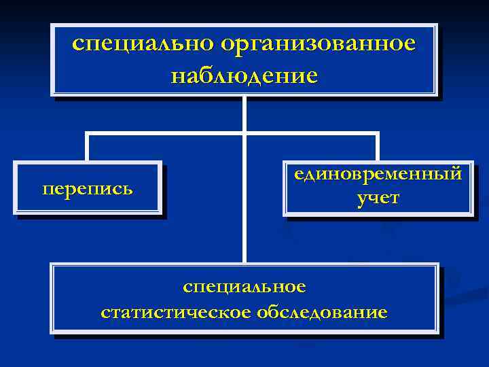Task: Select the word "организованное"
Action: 317,44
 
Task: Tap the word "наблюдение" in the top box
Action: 244,74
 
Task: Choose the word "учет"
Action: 378,198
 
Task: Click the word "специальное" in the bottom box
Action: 244,287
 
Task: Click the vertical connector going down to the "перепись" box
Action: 87,147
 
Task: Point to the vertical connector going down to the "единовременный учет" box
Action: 378,147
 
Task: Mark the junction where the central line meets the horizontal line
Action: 244,133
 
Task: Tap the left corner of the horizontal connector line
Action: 87,133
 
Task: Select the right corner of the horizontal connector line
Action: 378,133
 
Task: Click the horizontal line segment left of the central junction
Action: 163,133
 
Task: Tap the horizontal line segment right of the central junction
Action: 312,133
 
